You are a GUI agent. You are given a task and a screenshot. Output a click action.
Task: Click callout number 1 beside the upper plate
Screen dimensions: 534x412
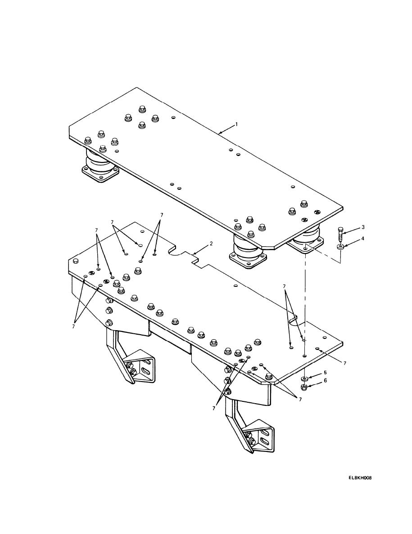coord(237,124)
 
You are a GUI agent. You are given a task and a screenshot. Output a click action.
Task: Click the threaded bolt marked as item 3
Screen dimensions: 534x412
coord(340,235)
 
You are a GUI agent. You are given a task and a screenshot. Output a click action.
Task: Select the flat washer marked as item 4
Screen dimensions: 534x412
coord(340,246)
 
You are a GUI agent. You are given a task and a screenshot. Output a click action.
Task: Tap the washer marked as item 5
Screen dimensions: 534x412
coord(305,378)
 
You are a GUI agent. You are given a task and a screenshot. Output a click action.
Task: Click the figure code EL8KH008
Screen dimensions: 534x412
coord(360,478)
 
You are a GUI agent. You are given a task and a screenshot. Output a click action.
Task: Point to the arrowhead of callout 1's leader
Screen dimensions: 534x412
coord(218,133)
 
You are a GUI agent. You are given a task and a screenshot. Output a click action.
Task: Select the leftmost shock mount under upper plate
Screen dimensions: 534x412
coord(100,166)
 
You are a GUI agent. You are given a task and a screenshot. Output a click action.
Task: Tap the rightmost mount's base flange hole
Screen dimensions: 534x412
coord(305,248)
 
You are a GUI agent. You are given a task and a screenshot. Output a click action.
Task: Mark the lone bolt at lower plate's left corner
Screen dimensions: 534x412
coord(75,261)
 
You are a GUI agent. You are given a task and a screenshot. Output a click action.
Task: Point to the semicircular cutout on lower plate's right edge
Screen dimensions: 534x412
coord(293,321)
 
